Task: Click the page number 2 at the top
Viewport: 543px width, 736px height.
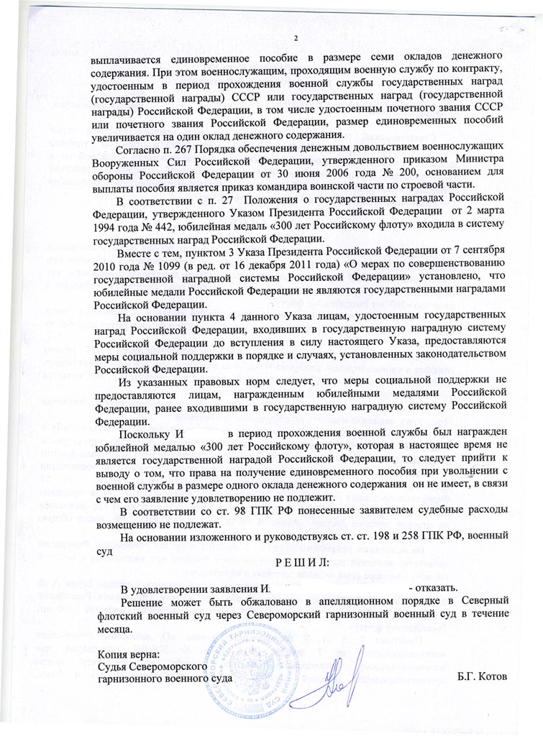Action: pos(294,38)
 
